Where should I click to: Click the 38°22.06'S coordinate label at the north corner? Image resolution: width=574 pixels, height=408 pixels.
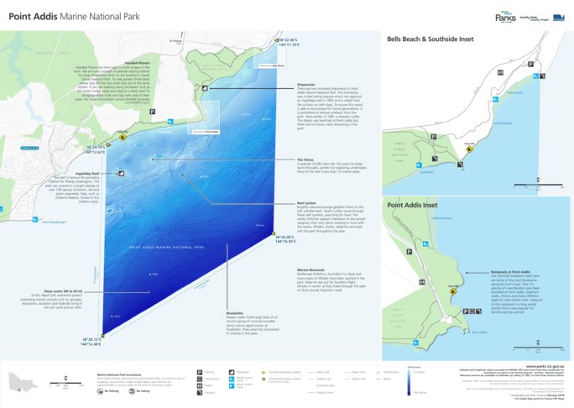(286, 39)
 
